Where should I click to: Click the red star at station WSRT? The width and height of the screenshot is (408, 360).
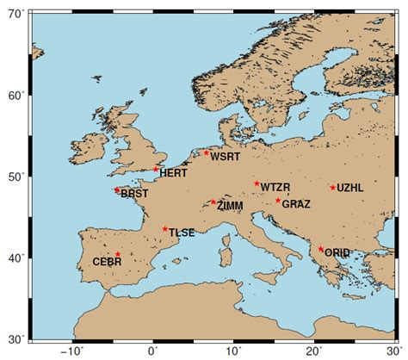(x=207, y=152)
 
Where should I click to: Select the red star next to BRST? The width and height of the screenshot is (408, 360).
(x=116, y=190)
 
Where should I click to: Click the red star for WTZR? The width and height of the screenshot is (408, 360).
(x=257, y=183)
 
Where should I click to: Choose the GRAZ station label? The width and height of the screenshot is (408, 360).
(x=296, y=204)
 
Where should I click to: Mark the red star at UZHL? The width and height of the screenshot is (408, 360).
(x=333, y=188)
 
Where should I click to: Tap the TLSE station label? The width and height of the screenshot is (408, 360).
(x=181, y=233)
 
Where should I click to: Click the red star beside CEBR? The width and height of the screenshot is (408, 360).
(x=118, y=254)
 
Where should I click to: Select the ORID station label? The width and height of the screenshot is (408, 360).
(x=337, y=252)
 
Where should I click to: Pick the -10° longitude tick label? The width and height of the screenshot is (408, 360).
(x=71, y=351)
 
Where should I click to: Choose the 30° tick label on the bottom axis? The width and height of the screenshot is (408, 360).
(x=395, y=351)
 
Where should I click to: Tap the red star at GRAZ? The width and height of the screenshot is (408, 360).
(x=278, y=201)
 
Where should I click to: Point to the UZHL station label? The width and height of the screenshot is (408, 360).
(x=350, y=187)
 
